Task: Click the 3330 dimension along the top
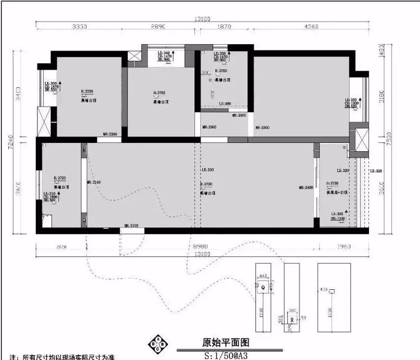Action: pos(80,27)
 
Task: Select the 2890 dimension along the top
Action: pos(159,27)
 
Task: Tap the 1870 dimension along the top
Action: pos(224,27)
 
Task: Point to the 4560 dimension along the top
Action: pos(310,27)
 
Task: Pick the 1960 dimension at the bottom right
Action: pos(343,247)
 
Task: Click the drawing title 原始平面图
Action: pos(222,342)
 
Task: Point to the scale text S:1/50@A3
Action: pos(225,355)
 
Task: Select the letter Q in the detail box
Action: pos(263,287)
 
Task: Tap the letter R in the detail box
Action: pos(292,319)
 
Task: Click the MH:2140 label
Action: pos(94,182)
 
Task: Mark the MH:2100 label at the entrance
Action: pos(131,226)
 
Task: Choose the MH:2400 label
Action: pos(306,188)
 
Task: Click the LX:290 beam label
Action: pos(208,170)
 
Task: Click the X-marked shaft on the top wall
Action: pos(134,55)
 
